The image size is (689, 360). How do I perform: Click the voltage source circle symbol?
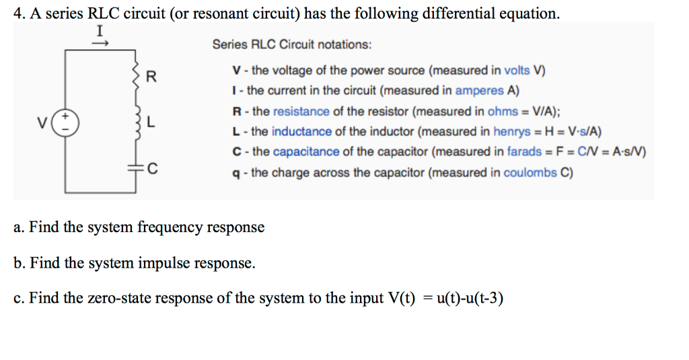tap(66, 123)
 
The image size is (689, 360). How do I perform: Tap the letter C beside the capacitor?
tap(153, 168)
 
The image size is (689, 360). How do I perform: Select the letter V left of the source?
tap(44, 123)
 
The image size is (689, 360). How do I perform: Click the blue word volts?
tap(517, 70)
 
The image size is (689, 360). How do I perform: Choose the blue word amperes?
tap(479, 90)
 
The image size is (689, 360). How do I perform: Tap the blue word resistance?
tap(301, 111)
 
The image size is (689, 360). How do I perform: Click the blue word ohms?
tap(502, 111)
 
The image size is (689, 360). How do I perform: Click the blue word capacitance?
tap(307, 151)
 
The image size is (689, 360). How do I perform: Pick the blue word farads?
tap(524, 151)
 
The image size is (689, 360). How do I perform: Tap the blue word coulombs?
tap(530, 172)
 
